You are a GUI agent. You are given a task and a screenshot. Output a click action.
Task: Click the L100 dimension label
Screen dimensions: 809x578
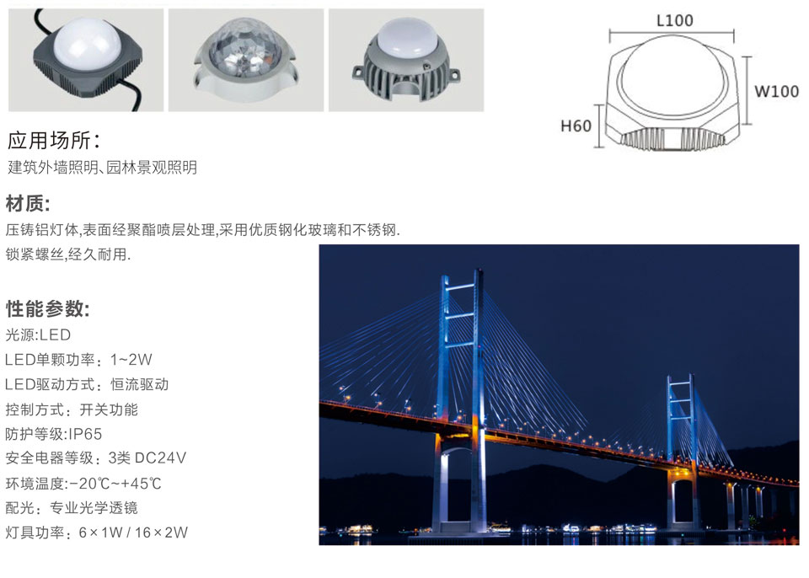coord(674,20)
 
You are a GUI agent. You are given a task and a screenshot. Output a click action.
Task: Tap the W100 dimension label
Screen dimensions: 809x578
coord(776,91)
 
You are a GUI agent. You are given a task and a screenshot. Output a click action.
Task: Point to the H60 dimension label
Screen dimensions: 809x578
coord(576,126)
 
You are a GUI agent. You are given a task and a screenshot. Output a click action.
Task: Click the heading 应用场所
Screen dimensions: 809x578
coord(54,141)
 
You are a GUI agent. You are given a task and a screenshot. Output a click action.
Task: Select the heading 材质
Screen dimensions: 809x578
coord(28,203)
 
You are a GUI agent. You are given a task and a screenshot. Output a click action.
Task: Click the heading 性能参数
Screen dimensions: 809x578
coord(47,309)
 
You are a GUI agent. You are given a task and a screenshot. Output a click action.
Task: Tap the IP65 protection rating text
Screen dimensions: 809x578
coord(85,434)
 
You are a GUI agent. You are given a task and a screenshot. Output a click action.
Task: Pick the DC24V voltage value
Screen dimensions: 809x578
coord(160,458)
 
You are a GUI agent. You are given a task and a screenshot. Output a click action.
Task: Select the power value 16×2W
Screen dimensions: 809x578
coord(161,532)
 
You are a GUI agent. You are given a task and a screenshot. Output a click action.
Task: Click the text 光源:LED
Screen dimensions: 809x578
coord(38,335)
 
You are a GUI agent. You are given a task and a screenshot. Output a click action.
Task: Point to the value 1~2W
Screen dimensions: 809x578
coord(131,359)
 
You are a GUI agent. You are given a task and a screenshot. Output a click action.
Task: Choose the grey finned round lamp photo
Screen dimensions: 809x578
coord(406,61)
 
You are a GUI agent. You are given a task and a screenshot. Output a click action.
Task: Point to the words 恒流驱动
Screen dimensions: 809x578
coord(139,384)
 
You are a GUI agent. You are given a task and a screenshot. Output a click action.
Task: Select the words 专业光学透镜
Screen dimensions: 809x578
coord(94,508)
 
